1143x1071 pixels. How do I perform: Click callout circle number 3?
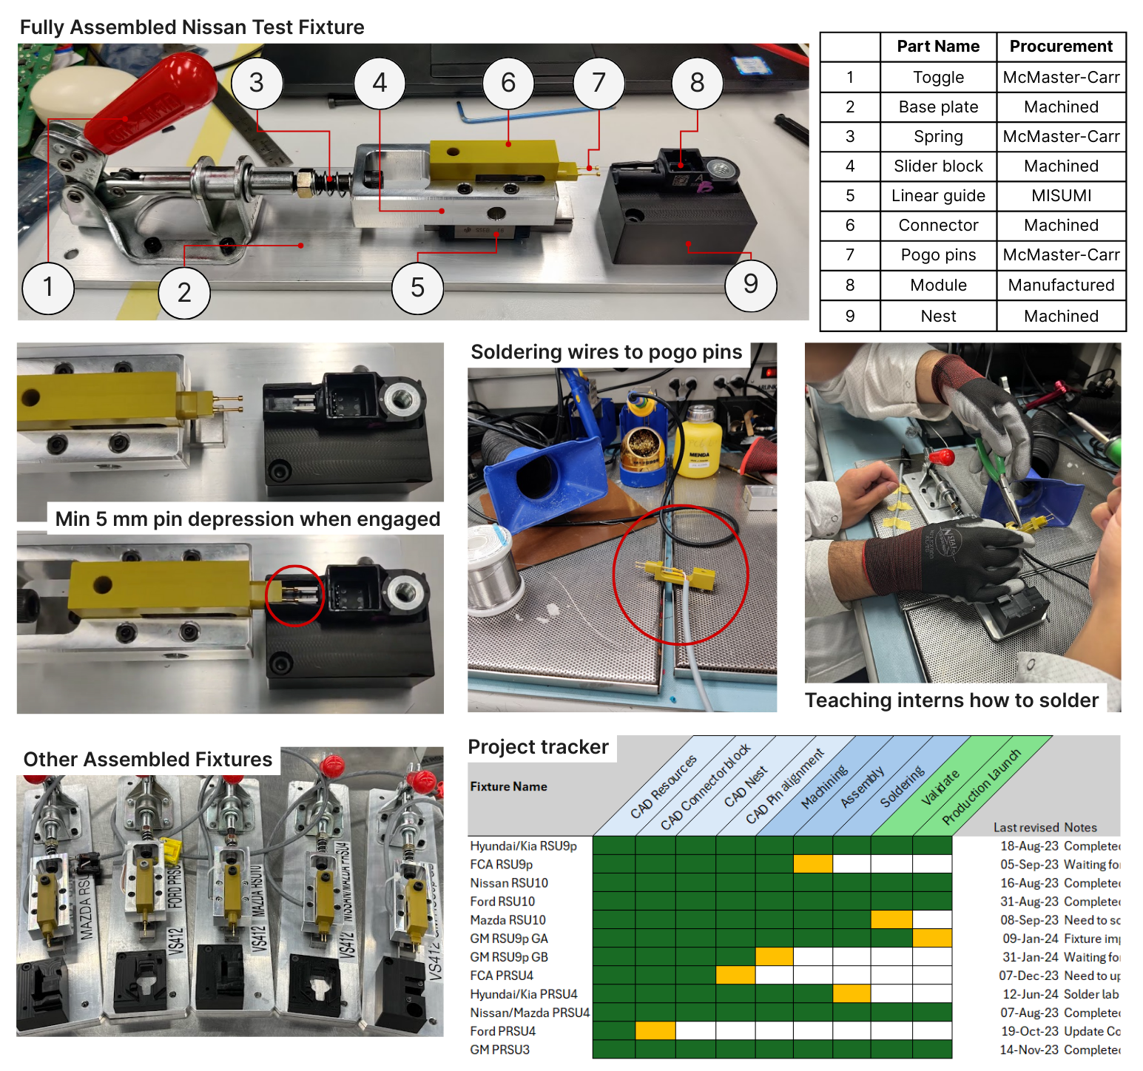tap(257, 83)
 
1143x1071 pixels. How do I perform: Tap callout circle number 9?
tap(750, 284)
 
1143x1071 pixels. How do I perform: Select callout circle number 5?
tap(417, 288)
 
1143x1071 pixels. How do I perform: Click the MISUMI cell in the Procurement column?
tap(1061, 196)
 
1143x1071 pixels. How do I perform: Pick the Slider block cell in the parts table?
tap(938, 166)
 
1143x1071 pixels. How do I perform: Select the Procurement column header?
tap(1061, 47)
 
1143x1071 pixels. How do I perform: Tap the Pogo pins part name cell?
tap(938, 255)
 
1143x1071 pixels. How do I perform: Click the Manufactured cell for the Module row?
tap(1061, 286)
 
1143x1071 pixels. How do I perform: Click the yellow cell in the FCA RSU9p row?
tap(813, 864)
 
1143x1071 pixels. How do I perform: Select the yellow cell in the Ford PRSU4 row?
tap(655, 1030)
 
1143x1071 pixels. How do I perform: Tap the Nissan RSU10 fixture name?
tap(509, 883)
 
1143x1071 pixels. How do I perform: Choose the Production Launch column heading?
tap(981, 788)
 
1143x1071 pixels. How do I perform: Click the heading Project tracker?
tap(538, 747)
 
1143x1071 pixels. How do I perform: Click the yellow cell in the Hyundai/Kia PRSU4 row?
tap(852, 993)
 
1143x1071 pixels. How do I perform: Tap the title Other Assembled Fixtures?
tap(148, 760)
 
